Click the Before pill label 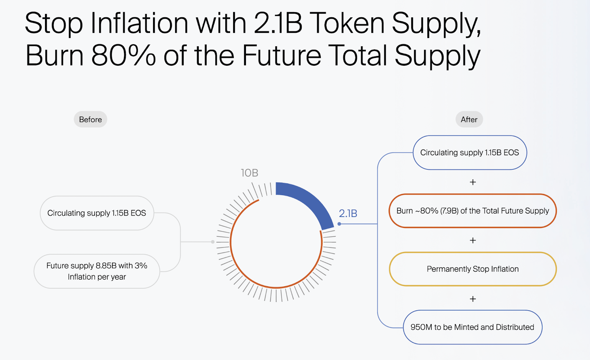click(90, 120)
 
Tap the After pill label click(469, 120)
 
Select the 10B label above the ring click(249, 173)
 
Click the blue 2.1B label click(348, 214)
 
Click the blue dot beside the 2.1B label click(339, 224)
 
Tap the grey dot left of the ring click(213, 242)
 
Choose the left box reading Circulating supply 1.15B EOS click(97, 213)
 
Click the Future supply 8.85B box click(97, 271)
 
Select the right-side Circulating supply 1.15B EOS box click(470, 153)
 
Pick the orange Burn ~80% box click(473, 211)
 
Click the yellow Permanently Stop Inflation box click(473, 269)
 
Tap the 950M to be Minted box click(472, 327)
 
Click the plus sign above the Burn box click(473, 182)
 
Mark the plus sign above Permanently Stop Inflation click(473, 240)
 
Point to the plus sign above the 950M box click(473, 299)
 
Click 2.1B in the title click(278, 23)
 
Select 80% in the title click(123, 55)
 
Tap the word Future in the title click(281, 55)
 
